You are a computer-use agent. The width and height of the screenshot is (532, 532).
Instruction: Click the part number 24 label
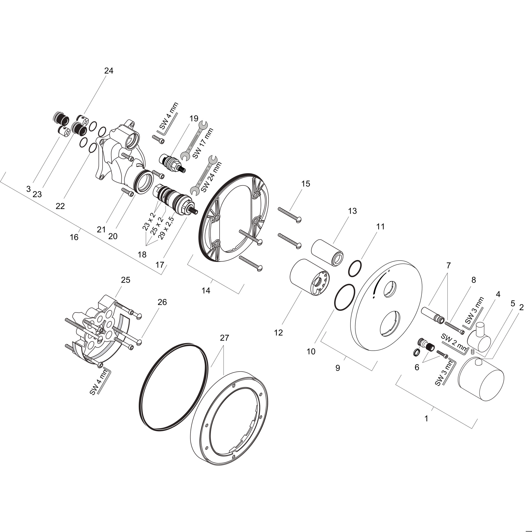point(109,71)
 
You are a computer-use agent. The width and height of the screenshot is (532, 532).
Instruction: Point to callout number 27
point(224,338)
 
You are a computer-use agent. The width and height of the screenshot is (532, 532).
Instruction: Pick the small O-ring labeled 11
point(355,268)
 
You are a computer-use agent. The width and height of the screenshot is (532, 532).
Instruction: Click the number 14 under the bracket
point(206,290)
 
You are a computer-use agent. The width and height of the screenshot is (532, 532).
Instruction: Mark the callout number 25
point(125,280)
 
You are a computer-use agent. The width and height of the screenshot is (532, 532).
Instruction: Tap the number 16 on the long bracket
point(74,237)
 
